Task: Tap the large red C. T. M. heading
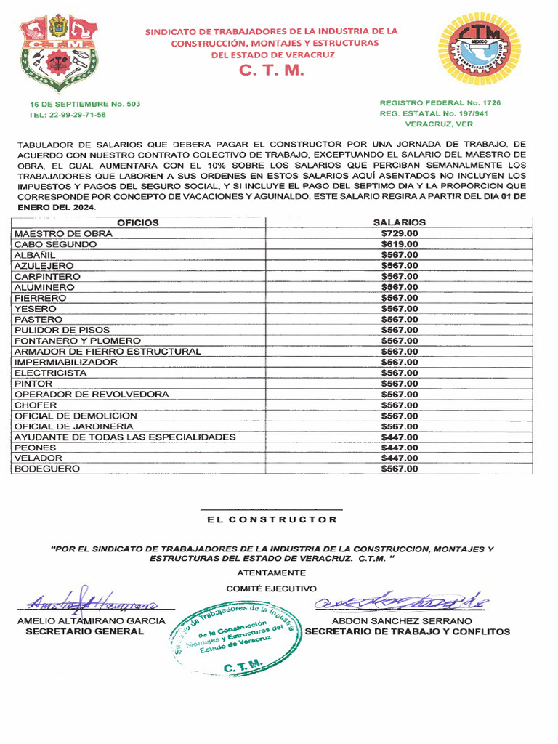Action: (272, 71)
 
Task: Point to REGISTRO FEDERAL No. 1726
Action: (440, 103)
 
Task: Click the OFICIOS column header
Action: (138, 223)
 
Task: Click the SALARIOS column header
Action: (399, 223)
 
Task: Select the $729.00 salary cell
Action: (399, 234)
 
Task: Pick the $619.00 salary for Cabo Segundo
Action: (399, 245)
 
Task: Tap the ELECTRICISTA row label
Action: (50, 373)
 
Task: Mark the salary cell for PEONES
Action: (399, 448)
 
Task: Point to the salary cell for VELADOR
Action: (399, 458)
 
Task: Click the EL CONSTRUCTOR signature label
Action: (272, 519)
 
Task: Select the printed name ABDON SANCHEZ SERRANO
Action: (402, 621)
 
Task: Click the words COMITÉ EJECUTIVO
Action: (271, 588)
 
